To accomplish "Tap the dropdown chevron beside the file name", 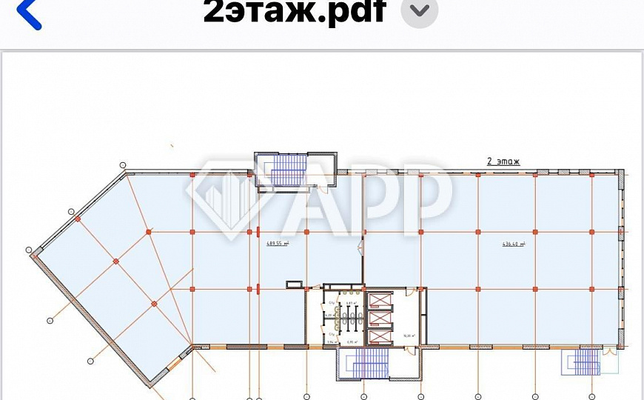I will (419, 11).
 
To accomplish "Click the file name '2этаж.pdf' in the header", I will (295, 10).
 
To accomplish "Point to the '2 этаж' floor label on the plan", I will (503, 160).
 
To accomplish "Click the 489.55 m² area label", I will (278, 243).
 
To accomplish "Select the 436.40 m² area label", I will (513, 244).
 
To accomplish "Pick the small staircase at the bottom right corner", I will (584, 361).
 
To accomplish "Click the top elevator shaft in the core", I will (378, 300).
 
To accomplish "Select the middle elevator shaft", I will (378, 319).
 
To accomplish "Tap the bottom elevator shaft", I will (378, 336).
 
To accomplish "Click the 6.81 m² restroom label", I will (352, 302).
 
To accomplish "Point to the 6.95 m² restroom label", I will (352, 342).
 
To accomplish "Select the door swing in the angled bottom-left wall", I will (176, 363).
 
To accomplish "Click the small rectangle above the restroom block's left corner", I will (295, 282).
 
